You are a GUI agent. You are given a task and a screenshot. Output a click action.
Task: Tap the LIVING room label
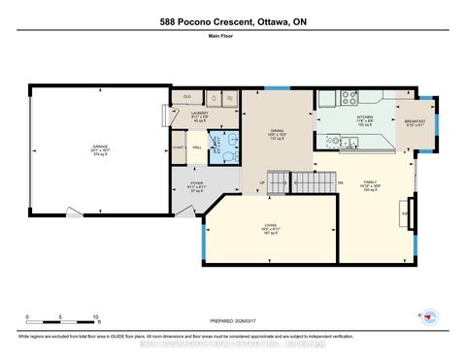[x=273, y=227]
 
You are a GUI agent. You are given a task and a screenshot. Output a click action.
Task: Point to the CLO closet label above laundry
[x=187, y=96]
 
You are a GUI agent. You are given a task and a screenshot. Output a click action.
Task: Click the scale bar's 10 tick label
[x=96, y=317]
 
